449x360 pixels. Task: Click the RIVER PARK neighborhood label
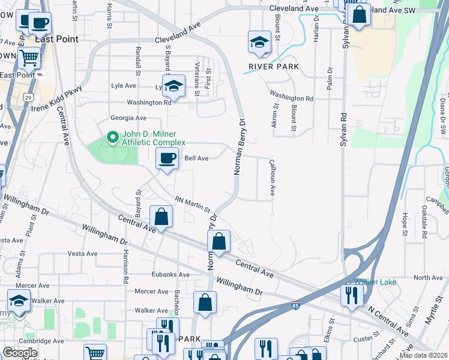tap(275, 66)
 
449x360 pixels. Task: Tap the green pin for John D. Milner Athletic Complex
tap(112, 138)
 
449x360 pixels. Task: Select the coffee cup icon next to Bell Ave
tap(167, 159)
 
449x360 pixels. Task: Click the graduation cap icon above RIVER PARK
tap(259, 42)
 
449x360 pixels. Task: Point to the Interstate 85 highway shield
tap(295, 306)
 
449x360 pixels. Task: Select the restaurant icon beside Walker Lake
tap(351, 295)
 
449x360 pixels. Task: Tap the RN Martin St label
tap(192, 205)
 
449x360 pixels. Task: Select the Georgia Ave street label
tap(128, 118)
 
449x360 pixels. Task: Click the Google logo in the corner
tap(19, 353)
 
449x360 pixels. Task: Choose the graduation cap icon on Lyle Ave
tap(173, 86)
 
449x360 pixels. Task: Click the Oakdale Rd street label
tap(424, 221)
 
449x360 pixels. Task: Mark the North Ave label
tap(428, 277)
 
